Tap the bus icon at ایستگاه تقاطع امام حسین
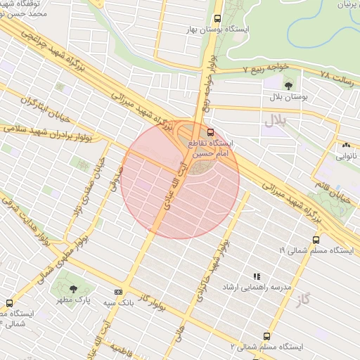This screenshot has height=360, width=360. point(211,132)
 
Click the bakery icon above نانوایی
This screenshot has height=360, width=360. point(345,146)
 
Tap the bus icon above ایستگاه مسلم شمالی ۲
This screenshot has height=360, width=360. point(266,336)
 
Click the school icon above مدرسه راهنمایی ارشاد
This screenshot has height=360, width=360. point(257,277)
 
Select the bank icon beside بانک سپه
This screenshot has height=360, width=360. point(117,292)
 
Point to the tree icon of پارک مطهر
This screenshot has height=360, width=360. point(74,288)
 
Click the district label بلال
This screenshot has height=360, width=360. point(276,120)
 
